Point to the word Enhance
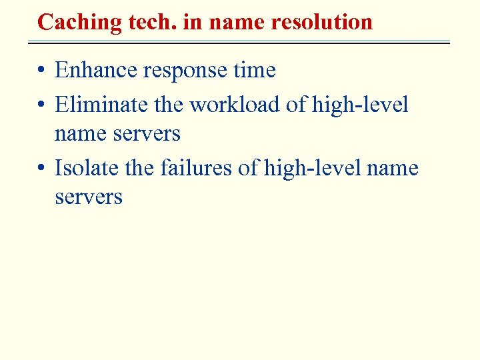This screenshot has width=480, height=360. pos(97,70)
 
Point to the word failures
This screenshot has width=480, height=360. pos(197,168)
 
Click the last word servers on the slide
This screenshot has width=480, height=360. pos(89,197)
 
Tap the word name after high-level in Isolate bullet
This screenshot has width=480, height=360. pos(394,168)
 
